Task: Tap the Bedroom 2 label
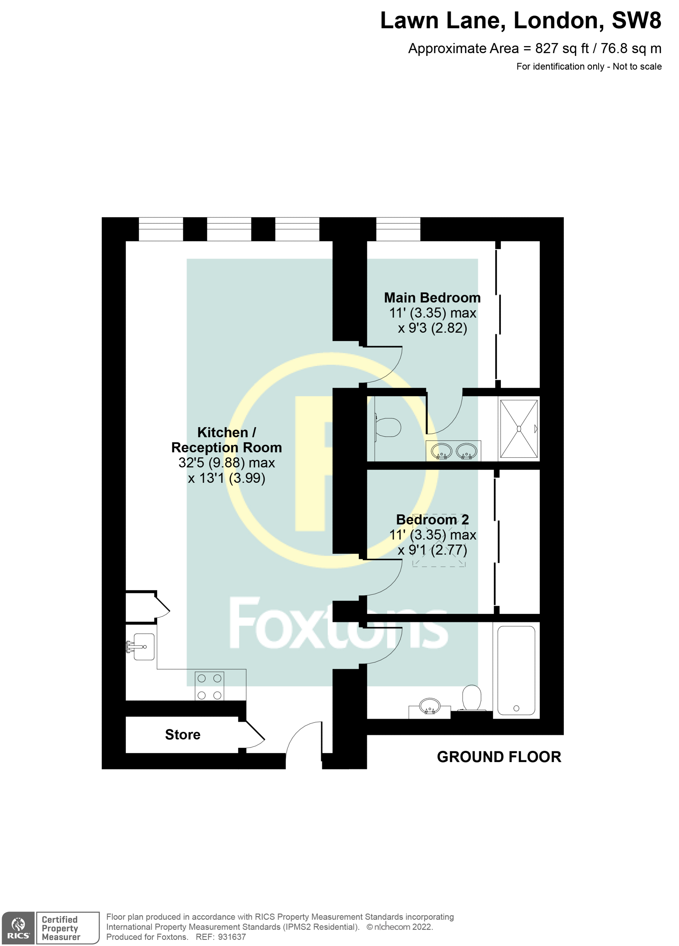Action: point(432,519)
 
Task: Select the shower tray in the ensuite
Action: point(519,428)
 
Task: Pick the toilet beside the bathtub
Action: point(472,697)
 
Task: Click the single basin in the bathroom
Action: point(429,707)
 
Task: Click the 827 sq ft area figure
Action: point(562,49)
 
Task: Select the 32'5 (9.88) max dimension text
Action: point(226,463)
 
